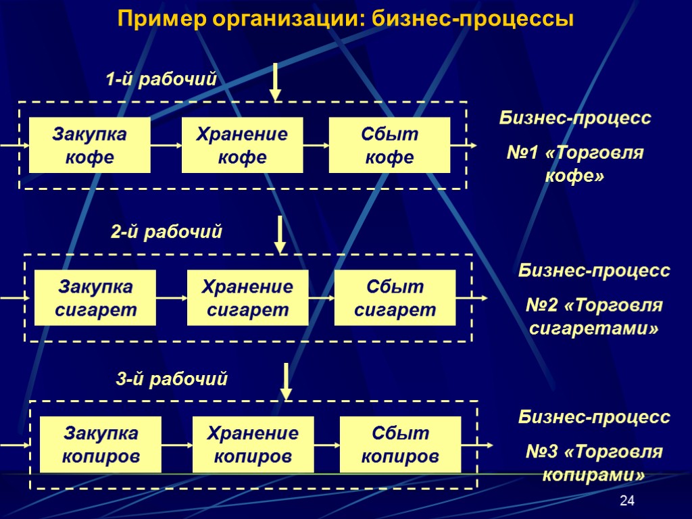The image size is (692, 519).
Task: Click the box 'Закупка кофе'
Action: click(89, 145)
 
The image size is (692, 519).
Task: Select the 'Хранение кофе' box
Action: click(241, 145)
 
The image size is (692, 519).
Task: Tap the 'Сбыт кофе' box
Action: click(389, 145)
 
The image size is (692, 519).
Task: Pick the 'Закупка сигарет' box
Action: click(95, 298)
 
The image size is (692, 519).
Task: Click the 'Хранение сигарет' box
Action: click(247, 298)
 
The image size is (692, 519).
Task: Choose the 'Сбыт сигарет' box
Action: click(395, 298)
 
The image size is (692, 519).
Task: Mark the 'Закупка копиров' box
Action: click(101, 444)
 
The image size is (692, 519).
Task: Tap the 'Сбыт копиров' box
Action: click(400, 444)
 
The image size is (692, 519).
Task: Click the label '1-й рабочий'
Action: click(161, 79)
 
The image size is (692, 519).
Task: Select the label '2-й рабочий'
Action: click(166, 232)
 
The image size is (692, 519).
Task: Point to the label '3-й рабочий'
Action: click(172, 380)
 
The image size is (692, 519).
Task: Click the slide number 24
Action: click(628, 501)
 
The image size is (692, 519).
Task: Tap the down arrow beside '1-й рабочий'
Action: click(275, 82)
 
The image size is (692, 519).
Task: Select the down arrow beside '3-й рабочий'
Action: click(287, 382)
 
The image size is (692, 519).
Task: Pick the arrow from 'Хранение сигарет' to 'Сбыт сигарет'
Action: click(321, 298)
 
